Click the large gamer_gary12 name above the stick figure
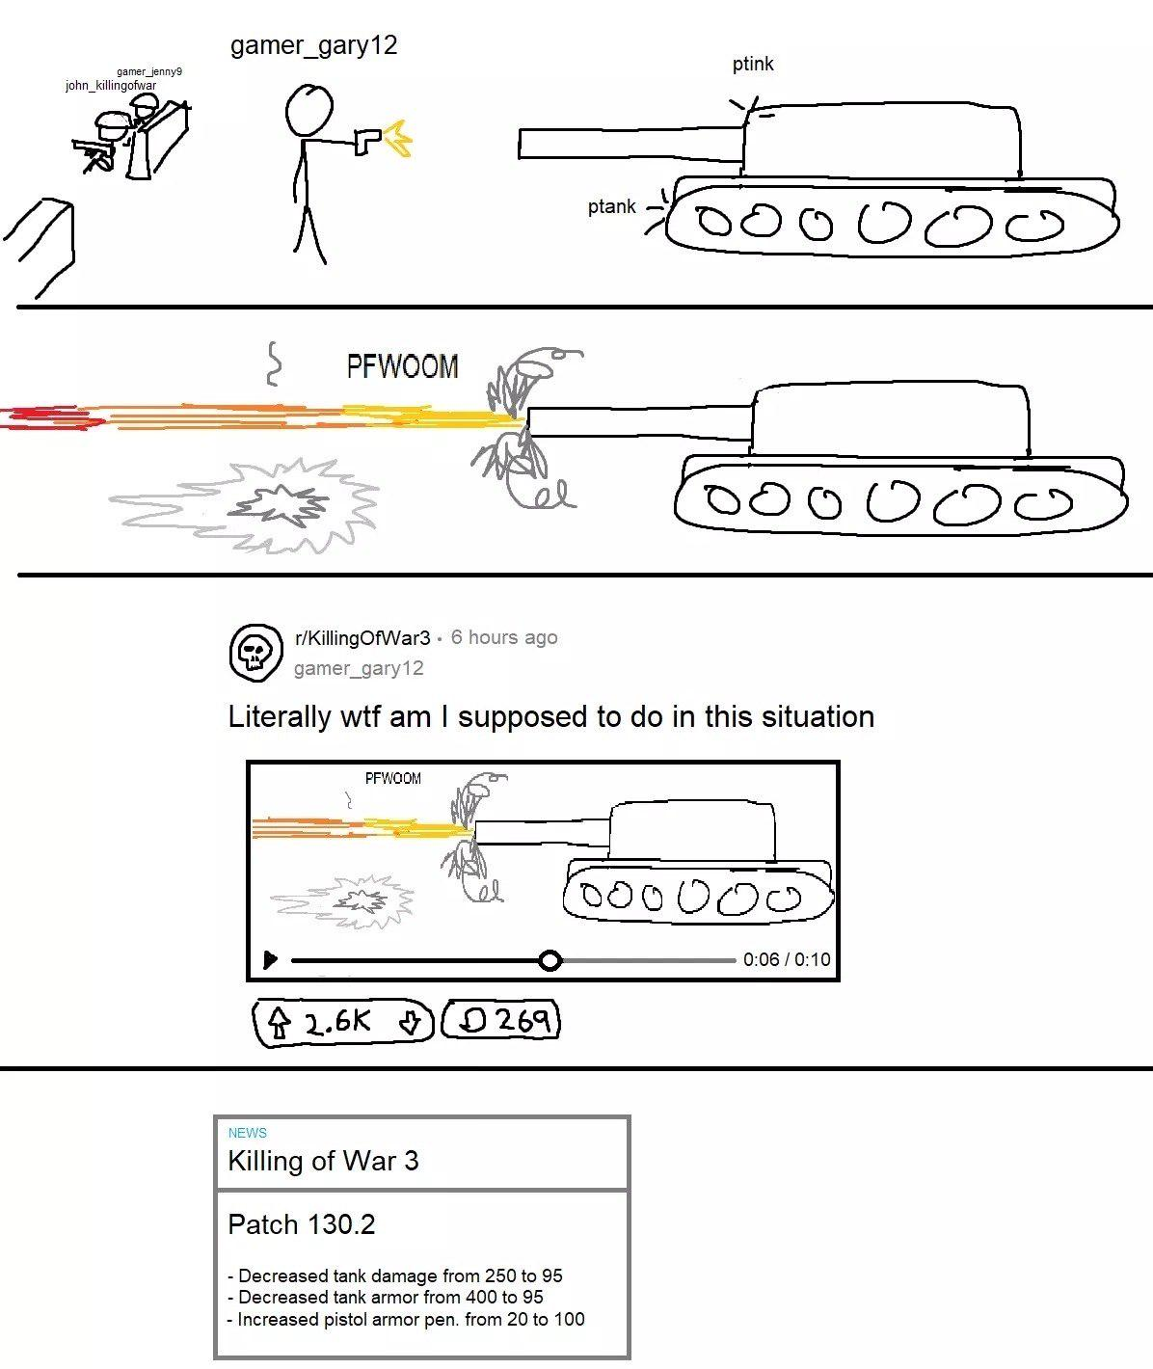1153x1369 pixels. [313, 46]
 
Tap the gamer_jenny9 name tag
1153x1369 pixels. [149, 71]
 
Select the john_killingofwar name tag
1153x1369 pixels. [111, 85]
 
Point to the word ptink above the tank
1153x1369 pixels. [753, 65]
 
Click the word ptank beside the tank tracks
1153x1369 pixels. [611, 206]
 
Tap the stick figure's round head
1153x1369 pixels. [308, 110]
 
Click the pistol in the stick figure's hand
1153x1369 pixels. [366, 141]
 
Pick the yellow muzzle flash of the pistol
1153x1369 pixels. [398, 138]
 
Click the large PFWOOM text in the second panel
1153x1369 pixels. [402, 365]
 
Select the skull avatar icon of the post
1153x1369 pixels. [255, 653]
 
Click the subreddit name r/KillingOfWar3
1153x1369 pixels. [362, 638]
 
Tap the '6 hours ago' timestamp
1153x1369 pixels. [504, 637]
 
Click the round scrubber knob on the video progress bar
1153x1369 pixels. [550, 960]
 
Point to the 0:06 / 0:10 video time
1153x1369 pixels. [787, 960]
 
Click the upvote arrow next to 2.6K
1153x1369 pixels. [280, 1023]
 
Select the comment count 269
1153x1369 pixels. [523, 1020]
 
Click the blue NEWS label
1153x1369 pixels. [247, 1133]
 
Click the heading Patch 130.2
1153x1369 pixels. [302, 1224]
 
